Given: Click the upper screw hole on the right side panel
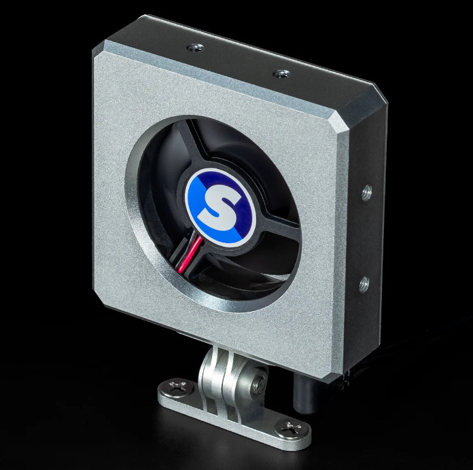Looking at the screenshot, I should pos(367,193).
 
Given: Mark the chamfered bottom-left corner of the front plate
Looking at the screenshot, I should pos(107,303).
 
